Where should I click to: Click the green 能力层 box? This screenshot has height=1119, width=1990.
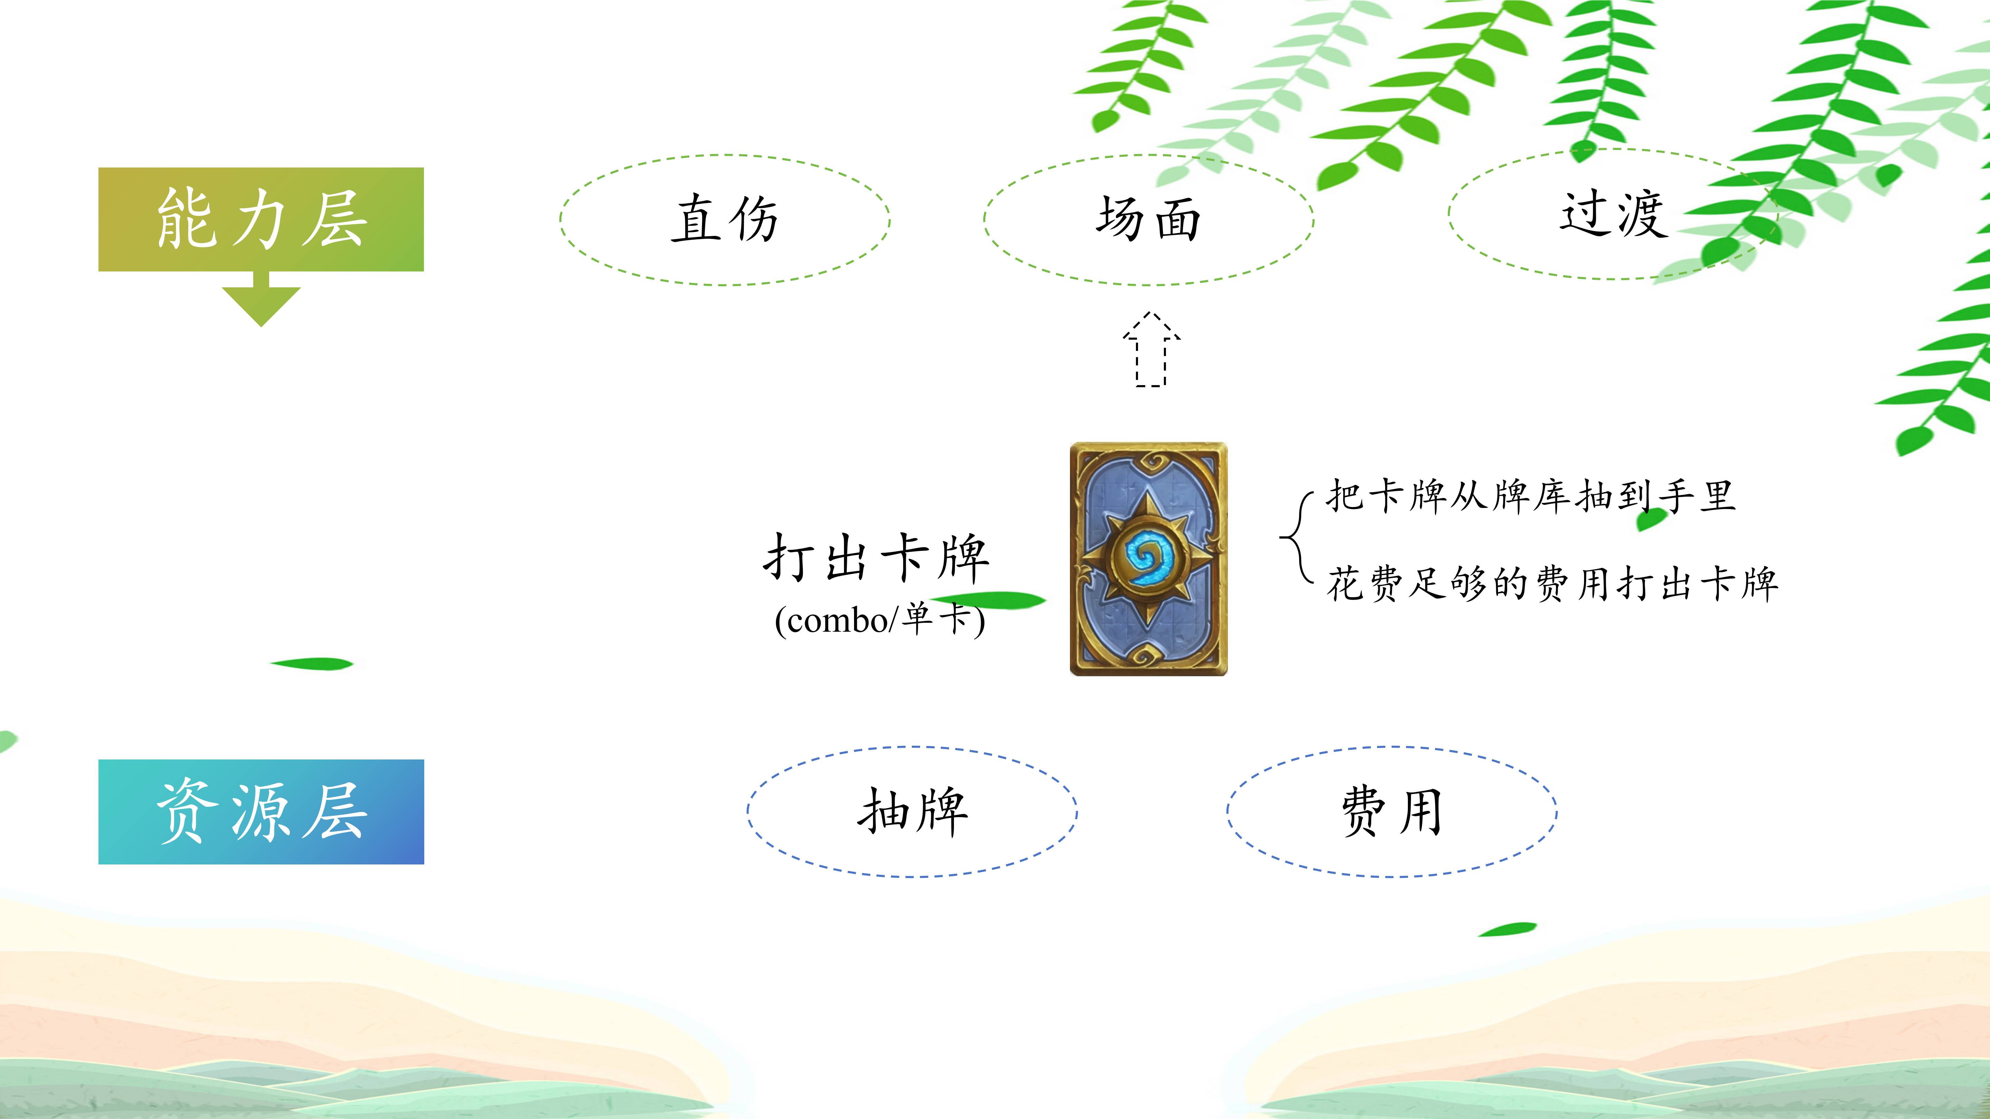(x=261, y=219)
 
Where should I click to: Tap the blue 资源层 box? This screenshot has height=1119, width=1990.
(x=261, y=812)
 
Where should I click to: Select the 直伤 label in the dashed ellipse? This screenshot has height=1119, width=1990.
(x=724, y=219)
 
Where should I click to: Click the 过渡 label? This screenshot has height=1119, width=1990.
(x=1613, y=214)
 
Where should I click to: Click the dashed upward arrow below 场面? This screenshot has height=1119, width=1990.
(x=1151, y=349)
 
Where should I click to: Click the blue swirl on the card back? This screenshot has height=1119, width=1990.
(x=1149, y=556)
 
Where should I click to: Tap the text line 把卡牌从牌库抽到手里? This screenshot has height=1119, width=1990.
(x=1531, y=496)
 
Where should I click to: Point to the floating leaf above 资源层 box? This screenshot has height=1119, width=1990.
(x=311, y=663)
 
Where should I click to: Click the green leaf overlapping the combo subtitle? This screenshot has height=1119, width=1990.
(x=989, y=599)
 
